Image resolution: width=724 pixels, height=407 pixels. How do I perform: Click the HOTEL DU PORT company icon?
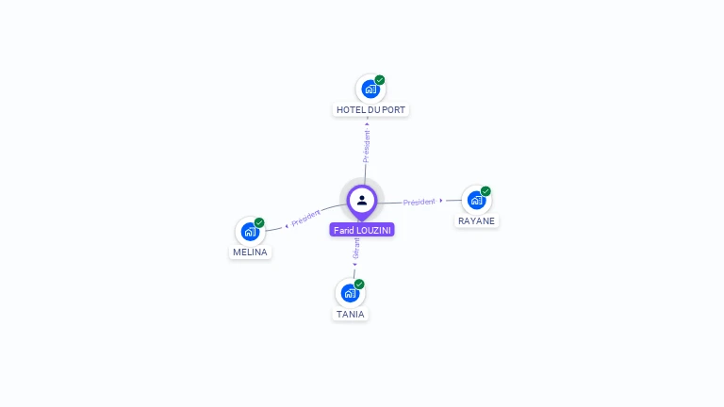tap(370, 90)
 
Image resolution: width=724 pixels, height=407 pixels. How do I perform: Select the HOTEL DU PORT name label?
tap(371, 110)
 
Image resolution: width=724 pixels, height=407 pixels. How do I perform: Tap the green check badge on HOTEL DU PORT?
tap(380, 80)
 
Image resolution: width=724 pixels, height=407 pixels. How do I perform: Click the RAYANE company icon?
tap(476, 200)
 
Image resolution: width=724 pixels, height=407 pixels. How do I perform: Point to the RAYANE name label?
tap(476, 220)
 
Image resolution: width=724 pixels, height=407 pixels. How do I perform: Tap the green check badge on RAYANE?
tap(485, 191)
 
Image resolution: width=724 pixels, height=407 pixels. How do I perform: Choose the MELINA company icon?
tap(250, 232)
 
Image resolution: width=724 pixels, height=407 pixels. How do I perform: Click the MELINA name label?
tap(250, 252)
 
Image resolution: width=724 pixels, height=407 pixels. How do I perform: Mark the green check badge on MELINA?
tap(259, 223)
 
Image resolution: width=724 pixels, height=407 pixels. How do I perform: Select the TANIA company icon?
tap(350, 293)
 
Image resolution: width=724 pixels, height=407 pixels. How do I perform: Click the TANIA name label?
tap(350, 315)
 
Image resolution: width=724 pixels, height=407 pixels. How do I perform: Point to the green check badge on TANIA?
tap(359, 285)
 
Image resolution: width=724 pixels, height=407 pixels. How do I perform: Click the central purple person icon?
tap(362, 200)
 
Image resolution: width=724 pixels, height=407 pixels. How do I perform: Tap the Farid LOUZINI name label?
tap(362, 230)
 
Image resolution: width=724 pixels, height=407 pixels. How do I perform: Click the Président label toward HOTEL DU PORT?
tap(367, 145)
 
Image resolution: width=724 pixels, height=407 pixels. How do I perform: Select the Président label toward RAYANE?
tap(420, 202)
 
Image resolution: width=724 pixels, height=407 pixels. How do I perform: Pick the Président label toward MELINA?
tap(305, 219)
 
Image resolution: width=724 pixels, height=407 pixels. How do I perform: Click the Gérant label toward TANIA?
tap(356, 248)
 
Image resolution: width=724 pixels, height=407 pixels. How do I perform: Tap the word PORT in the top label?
tap(394, 110)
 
